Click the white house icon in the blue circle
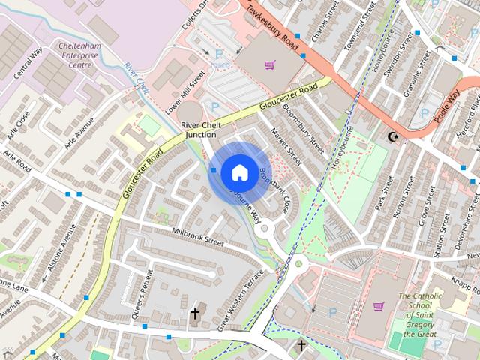point(238,172)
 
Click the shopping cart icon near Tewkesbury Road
point(268,64)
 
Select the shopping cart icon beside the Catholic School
point(379,306)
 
